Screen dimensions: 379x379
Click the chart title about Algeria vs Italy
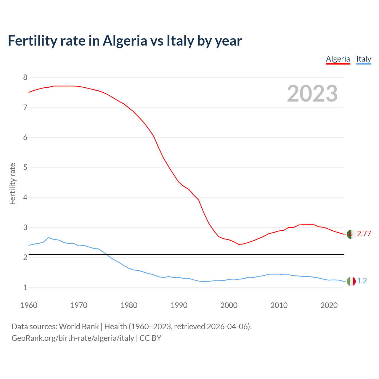pyautogui.click(x=125, y=41)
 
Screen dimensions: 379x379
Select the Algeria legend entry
pyautogui.click(x=338, y=59)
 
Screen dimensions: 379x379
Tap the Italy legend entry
pyautogui.click(x=364, y=59)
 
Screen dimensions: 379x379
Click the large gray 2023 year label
pyautogui.click(x=312, y=94)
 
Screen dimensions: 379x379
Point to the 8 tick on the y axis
pyautogui.click(x=25, y=78)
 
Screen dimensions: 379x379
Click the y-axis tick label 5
pyautogui.click(x=25, y=168)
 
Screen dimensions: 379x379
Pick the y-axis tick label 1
pyautogui.click(x=25, y=288)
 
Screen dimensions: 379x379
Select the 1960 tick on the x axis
pyautogui.click(x=29, y=305)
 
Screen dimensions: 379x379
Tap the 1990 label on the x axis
pyautogui.click(x=179, y=305)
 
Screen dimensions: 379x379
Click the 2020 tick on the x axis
pyautogui.click(x=329, y=305)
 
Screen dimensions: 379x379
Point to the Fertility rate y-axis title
pyautogui.click(x=12, y=184)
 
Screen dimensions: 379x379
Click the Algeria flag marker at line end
pyautogui.click(x=351, y=234)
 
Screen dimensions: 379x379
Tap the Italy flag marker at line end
pyautogui.click(x=351, y=281)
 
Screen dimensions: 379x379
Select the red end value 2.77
pyautogui.click(x=364, y=234)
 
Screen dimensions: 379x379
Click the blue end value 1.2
pyautogui.click(x=362, y=281)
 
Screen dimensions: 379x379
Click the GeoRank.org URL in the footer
pyautogui.click(x=73, y=338)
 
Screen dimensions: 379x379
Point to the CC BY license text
pyautogui.click(x=150, y=338)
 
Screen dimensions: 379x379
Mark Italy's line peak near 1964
pyautogui.click(x=49, y=237)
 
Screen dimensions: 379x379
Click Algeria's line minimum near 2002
pyautogui.click(x=239, y=244)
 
